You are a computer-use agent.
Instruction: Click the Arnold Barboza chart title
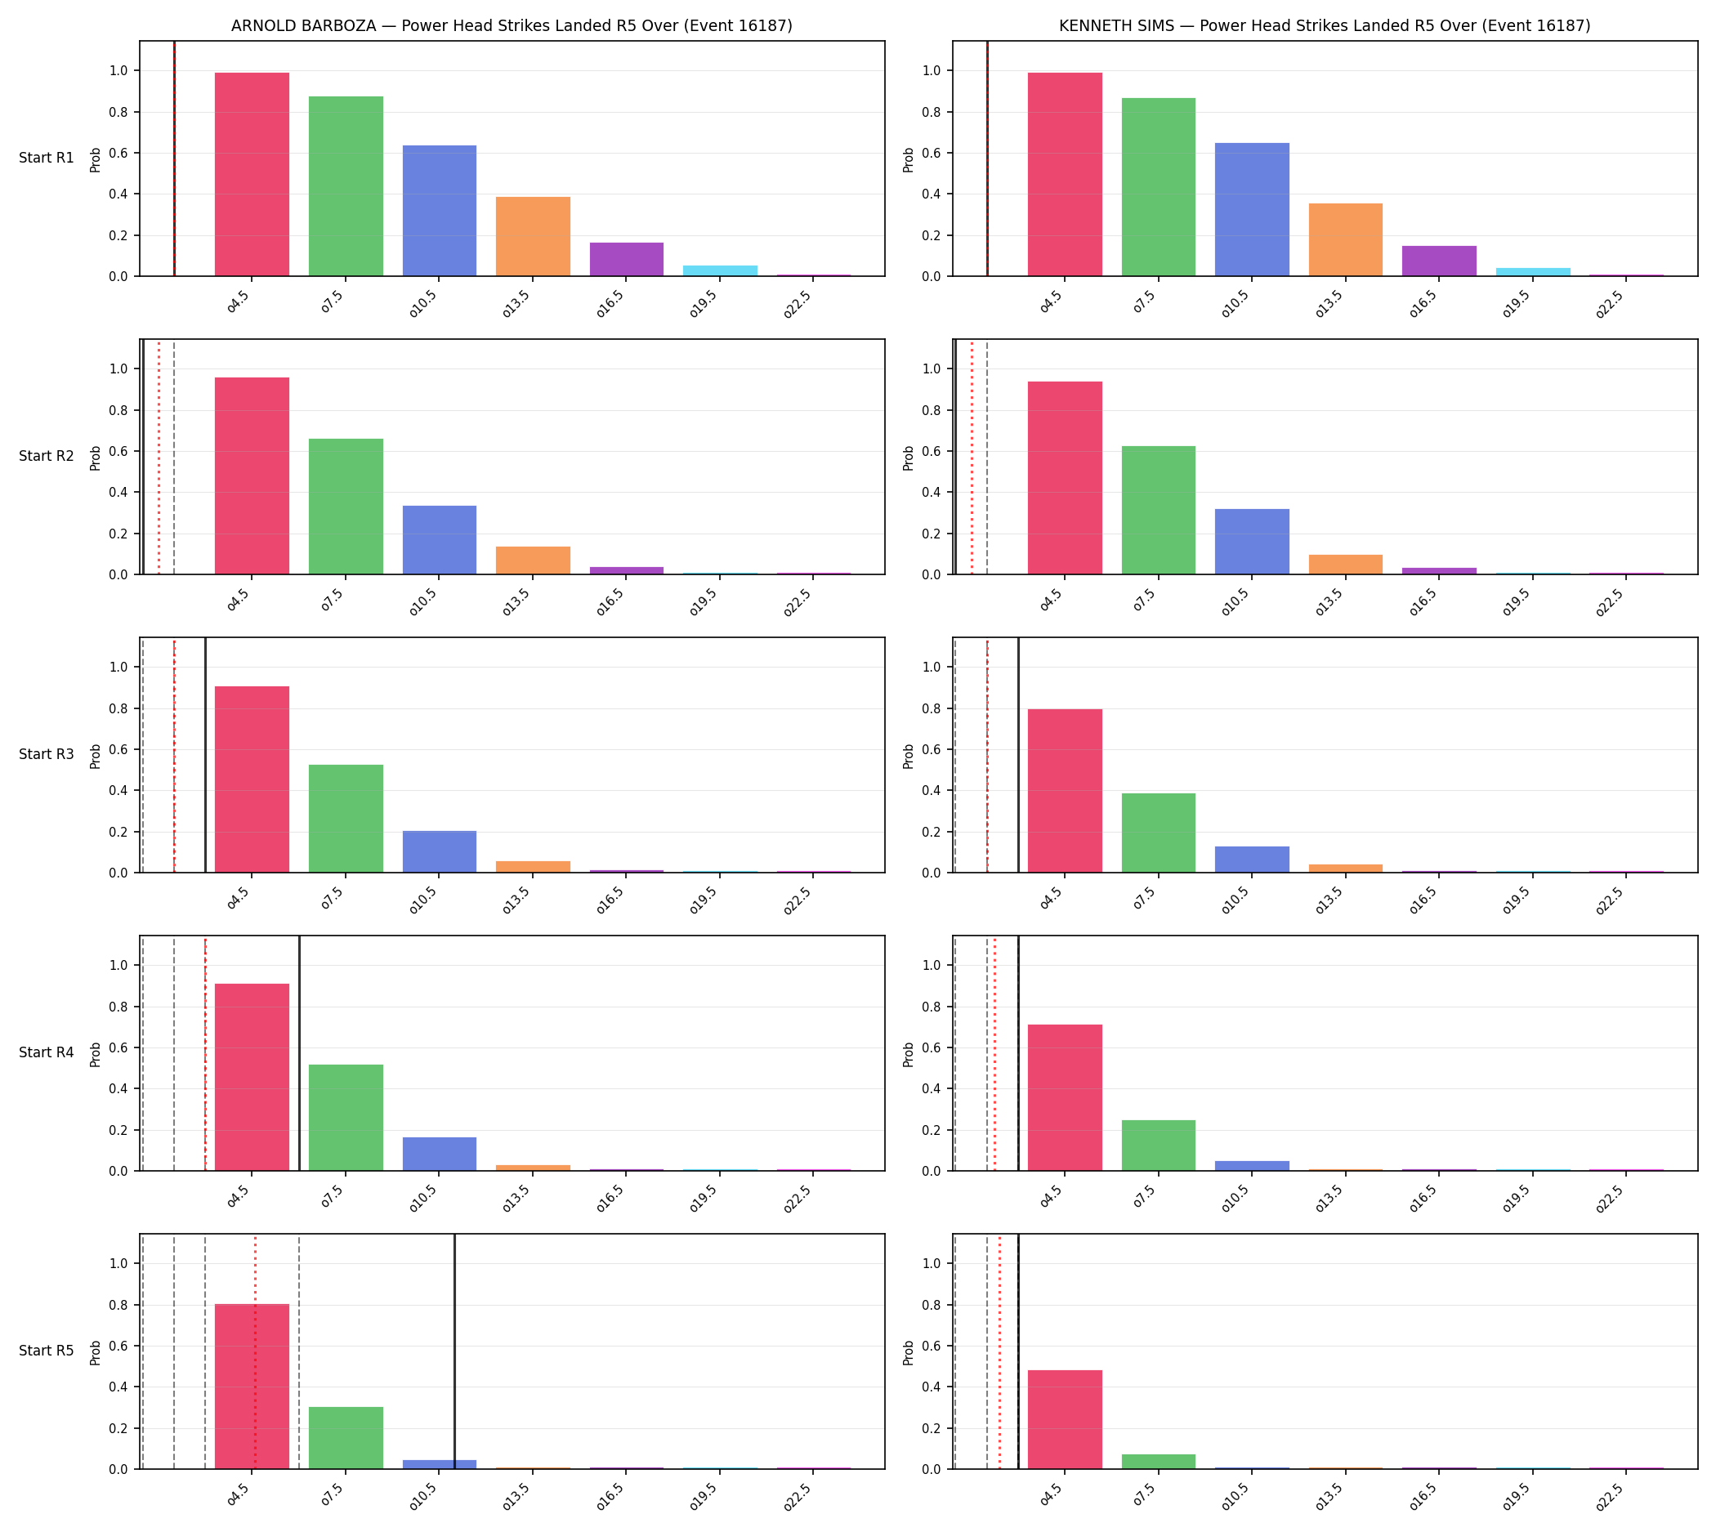click(x=512, y=26)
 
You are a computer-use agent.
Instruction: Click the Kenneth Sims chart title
click(x=1325, y=26)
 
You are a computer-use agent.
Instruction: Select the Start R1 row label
click(x=47, y=159)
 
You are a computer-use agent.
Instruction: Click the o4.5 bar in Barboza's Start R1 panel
click(x=252, y=174)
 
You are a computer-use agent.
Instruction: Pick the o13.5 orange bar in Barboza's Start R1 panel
click(x=533, y=236)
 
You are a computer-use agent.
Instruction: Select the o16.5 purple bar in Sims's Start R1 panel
click(x=1439, y=261)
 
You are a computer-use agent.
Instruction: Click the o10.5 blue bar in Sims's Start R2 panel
click(x=1252, y=542)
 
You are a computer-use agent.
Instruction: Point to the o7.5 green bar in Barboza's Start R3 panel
click(x=346, y=819)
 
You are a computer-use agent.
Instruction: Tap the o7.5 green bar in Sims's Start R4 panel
click(x=1159, y=1146)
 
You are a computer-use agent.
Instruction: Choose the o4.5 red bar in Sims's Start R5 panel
click(x=1065, y=1420)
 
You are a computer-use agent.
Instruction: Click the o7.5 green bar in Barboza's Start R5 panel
click(x=346, y=1439)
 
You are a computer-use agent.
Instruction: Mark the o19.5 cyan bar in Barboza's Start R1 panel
click(x=720, y=271)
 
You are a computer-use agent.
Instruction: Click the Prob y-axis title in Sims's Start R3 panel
click(x=909, y=756)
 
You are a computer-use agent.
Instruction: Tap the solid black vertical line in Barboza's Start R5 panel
click(x=454, y=1352)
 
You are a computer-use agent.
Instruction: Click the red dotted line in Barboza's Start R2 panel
click(x=159, y=457)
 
